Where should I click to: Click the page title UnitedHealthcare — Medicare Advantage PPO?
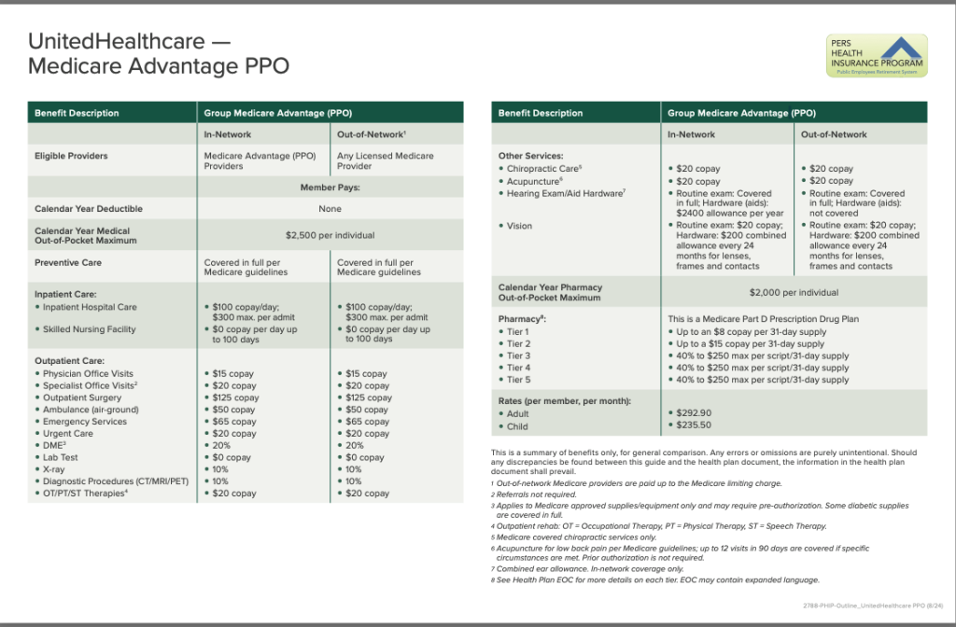(x=159, y=53)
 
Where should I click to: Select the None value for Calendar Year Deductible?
(x=330, y=209)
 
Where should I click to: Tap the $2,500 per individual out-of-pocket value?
(x=330, y=235)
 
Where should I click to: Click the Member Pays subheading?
(x=330, y=188)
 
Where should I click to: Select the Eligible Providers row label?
(x=71, y=156)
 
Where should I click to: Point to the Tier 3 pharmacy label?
(x=518, y=355)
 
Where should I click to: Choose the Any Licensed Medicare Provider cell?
(x=385, y=160)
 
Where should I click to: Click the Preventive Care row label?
(x=68, y=262)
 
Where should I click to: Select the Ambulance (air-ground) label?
(x=91, y=410)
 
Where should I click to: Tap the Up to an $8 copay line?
(x=750, y=331)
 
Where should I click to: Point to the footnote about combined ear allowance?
(x=590, y=568)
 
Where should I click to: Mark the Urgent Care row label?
(x=68, y=434)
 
